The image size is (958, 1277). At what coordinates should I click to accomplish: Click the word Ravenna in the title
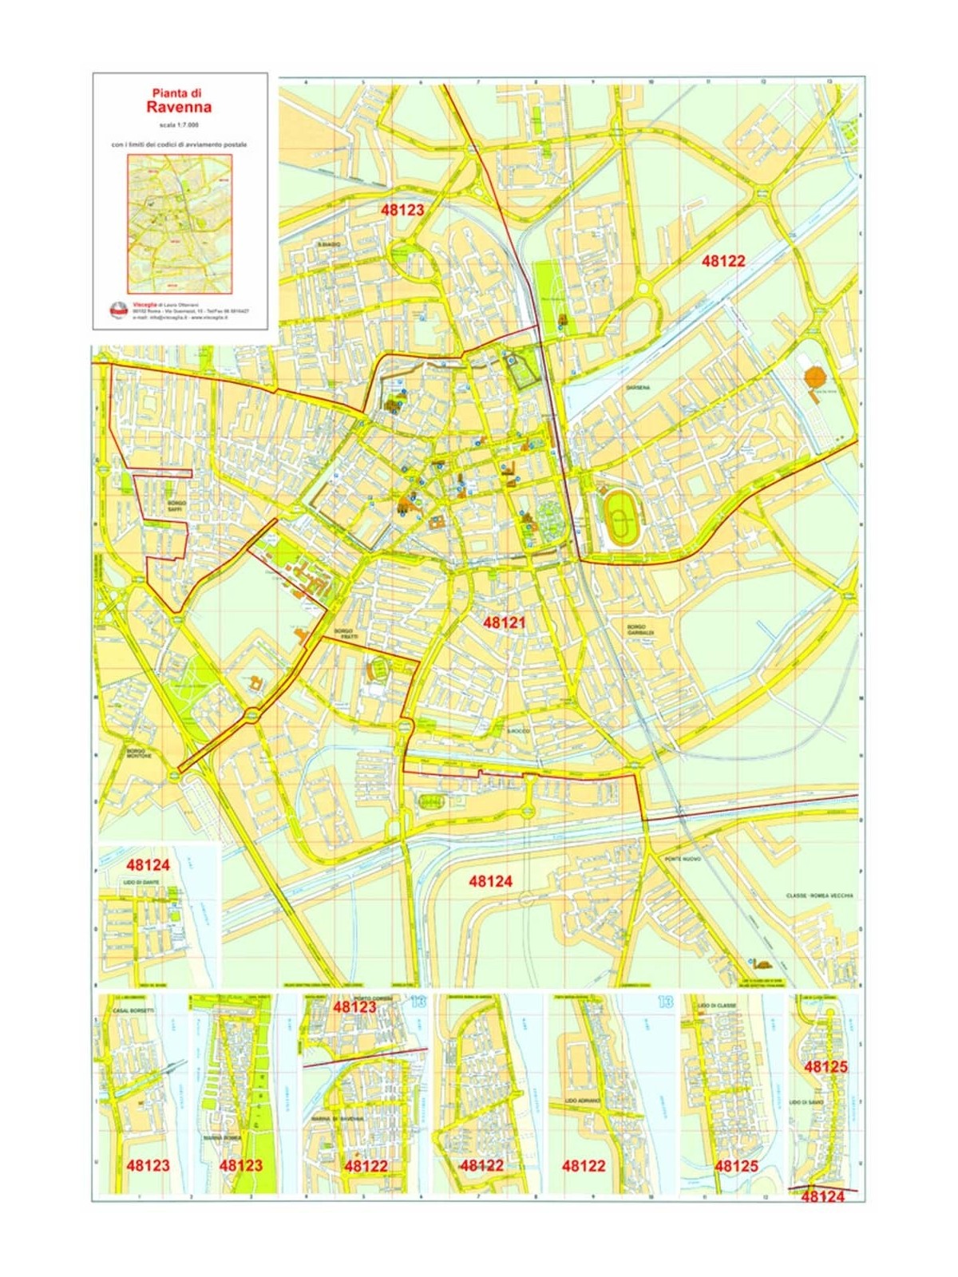coord(180,107)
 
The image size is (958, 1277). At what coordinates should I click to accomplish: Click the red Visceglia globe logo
coord(118,310)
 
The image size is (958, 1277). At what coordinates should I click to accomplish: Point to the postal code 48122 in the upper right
coord(723,261)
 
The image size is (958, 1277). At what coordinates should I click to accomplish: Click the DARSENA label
coord(638,388)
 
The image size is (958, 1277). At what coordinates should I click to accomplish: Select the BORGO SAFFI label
coord(176,506)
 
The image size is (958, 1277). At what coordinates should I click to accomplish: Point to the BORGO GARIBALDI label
coord(640,630)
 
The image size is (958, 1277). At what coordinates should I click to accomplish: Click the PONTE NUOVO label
coord(683,859)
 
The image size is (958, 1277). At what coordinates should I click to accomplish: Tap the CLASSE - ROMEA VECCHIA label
coord(819,895)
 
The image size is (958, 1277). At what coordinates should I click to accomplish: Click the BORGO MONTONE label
coord(138,753)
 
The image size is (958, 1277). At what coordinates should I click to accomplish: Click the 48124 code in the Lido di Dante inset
coord(148,864)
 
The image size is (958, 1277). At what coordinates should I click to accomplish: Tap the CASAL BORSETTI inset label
coord(133,1011)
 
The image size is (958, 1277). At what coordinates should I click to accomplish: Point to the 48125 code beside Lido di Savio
coord(825,1067)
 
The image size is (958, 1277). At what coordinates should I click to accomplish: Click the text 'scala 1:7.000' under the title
coord(180,125)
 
